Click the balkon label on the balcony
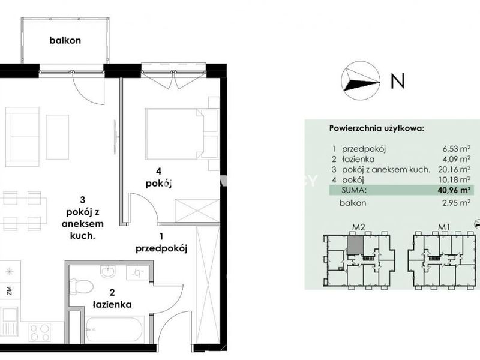tap(65, 40)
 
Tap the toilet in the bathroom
tap(81, 287)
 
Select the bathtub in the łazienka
tap(115, 330)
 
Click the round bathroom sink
tap(108, 272)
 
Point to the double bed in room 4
tap(175, 133)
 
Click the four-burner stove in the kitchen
tap(40, 332)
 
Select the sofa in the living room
tap(22, 137)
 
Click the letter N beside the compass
tap(398, 81)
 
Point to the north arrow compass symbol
tap(361, 81)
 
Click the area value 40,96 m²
tap(454, 190)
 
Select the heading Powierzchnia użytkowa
tap(377, 128)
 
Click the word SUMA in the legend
tap(354, 190)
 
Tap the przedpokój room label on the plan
tap(161, 249)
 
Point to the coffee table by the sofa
tap(57, 137)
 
